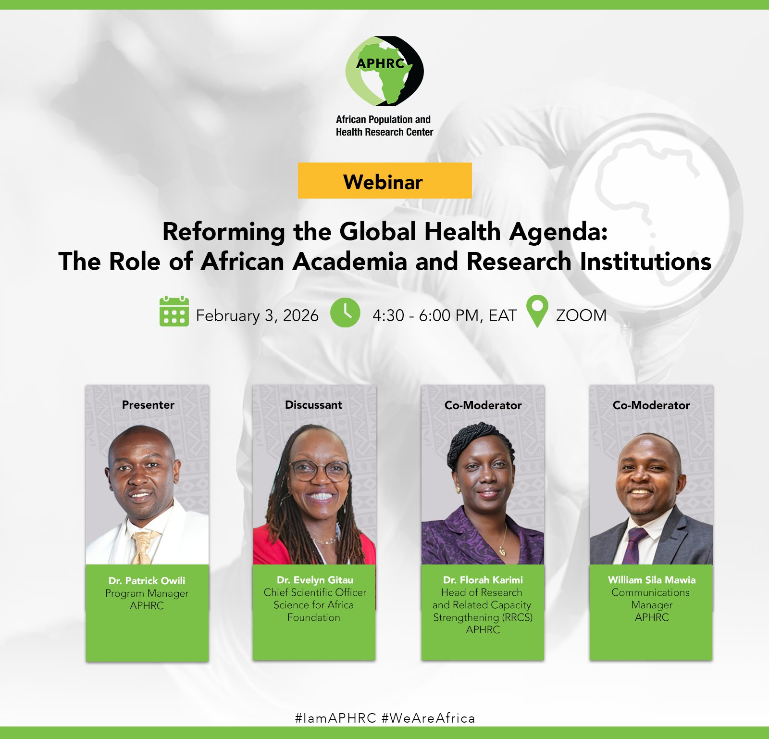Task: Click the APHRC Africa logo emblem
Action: tap(384, 71)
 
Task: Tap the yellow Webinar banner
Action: tap(384, 180)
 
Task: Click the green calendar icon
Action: tap(174, 312)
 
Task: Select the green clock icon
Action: tap(345, 313)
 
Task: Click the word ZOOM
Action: tap(581, 315)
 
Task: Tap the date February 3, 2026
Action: tap(257, 316)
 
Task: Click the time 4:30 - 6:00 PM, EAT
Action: tap(445, 316)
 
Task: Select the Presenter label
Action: tap(148, 405)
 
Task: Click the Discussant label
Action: tap(314, 405)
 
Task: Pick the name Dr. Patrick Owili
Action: tap(147, 580)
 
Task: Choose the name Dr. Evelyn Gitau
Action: tap(315, 580)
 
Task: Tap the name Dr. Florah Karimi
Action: tap(483, 580)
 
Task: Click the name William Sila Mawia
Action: tap(652, 580)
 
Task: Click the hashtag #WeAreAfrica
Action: tap(428, 718)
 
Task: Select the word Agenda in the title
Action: tap(558, 232)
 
